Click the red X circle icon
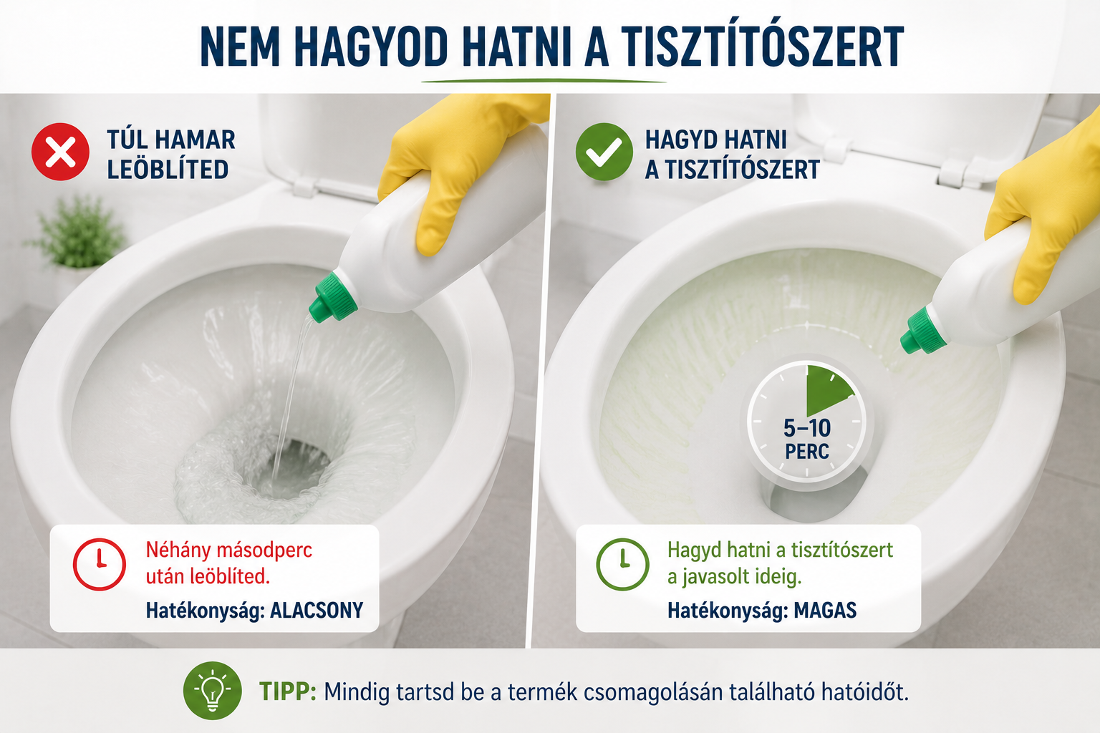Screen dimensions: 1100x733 [60, 152]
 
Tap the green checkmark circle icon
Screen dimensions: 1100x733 [604, 152]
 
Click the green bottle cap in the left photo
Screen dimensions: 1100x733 [334, 298]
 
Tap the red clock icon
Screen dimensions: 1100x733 [100, 564]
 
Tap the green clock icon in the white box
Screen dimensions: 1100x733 [622, 564]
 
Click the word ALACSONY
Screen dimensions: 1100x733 [317, 611]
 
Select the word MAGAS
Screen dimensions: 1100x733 [825, 611]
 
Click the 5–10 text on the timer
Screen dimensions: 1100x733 [807, 428]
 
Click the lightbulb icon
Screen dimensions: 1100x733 [212, 691]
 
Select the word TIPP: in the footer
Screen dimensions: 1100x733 [288, 691]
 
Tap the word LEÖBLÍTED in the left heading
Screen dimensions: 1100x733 [168, 170]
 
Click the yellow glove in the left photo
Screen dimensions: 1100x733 [457, 167]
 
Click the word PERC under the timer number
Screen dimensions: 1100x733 [807, 452]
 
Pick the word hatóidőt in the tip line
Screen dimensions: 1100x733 [865, 691]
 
